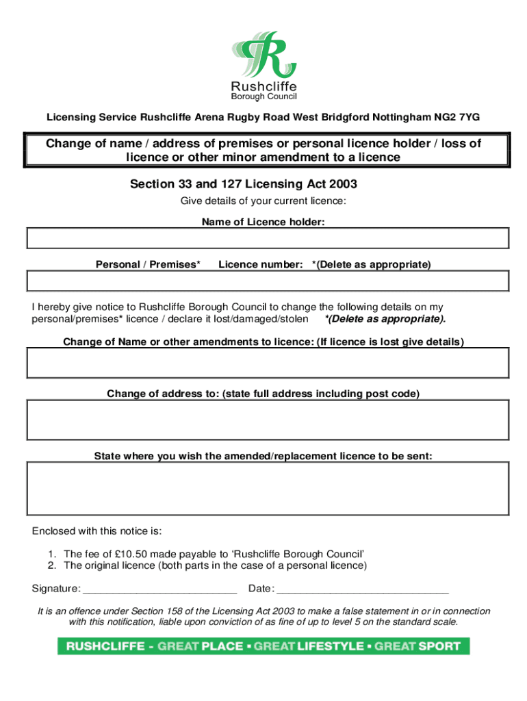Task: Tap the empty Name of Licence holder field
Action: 268,238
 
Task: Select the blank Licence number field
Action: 268,281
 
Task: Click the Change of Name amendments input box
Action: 268,363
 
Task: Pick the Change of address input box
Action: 268,420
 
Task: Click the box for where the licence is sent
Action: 268,488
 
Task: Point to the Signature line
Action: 159,589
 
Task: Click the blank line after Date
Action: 362,589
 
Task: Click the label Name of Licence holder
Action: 263,222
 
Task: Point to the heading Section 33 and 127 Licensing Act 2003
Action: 243,184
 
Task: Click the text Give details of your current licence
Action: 263,201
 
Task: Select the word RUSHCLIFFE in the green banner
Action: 105,646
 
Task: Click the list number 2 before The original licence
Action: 51,565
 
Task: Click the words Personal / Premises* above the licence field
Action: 148,264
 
